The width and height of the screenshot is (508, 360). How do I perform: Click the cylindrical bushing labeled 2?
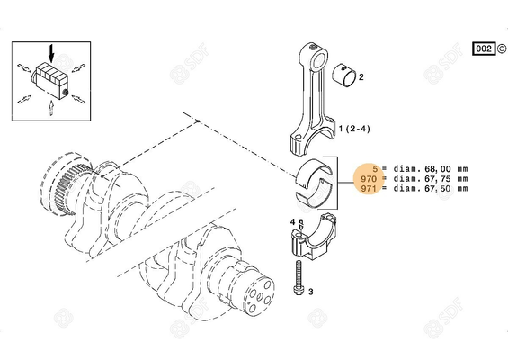click(346, 75)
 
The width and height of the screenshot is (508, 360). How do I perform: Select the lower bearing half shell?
click(314, 185)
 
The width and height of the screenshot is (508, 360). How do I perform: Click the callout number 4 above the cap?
click(293, 221)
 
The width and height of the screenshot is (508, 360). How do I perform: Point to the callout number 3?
click(310, 292)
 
